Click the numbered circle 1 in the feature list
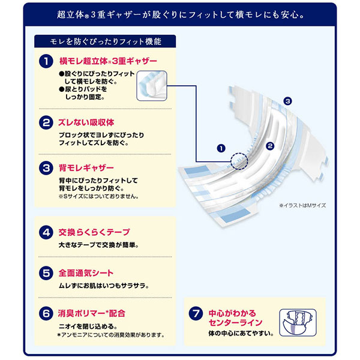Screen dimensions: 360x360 point(46,61)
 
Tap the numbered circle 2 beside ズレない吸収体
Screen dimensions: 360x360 point(46,122)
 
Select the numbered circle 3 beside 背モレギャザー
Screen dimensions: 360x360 point(46,168)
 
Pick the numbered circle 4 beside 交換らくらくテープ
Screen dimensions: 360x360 point(46,232)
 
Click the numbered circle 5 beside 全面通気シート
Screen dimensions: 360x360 point(46,273)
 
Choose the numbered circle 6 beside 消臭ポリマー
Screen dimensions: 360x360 point(46,313)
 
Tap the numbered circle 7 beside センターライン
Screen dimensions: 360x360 point(196,313)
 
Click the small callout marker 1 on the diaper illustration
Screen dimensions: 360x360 point(221,148)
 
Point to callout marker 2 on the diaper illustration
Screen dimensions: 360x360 point(270,146)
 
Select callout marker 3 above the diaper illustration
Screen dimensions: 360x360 point(287,101)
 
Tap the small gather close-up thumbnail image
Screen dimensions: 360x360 point(152,86)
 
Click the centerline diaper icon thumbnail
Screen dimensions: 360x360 point(298,323)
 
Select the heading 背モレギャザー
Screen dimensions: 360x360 point(86,168)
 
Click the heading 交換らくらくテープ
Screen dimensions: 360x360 point(94,232)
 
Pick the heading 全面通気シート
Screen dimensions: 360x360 point(86,273)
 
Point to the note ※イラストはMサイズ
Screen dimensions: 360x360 point(302,205)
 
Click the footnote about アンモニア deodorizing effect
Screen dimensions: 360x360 point(111,335)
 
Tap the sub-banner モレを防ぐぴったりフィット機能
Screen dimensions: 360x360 point(105,41)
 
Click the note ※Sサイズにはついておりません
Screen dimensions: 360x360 point(99,197)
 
